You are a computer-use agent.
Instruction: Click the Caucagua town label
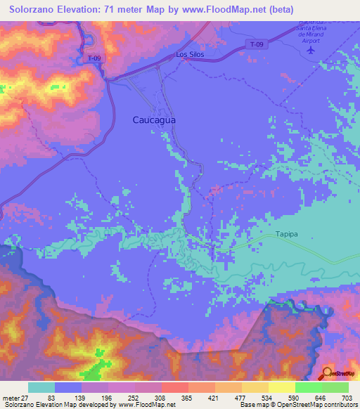coord(154,120)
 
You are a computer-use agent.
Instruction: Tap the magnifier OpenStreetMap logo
coord(327,372)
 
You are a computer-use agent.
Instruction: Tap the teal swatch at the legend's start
coord(41,387)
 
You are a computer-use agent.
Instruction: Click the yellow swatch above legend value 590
coord(281,387)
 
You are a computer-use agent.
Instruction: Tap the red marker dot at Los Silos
coord(186,60)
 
